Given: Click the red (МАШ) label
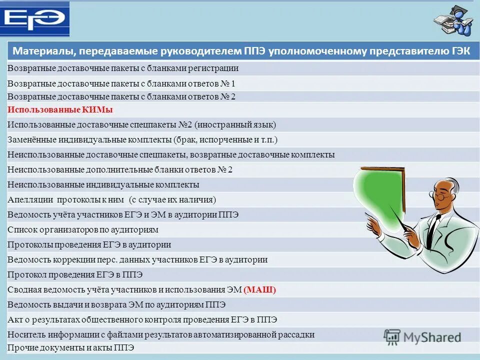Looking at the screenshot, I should [260, 289].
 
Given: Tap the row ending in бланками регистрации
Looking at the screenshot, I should [123, 68].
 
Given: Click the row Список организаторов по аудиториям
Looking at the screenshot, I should [83, 229].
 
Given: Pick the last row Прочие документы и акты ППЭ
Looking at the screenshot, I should [70, 347].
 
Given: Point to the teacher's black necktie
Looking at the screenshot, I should [434, 226].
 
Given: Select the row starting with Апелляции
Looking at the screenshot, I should [111, 199].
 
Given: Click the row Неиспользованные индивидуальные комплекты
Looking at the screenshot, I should [103, 184].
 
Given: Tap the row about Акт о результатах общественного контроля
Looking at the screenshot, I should [142, 319].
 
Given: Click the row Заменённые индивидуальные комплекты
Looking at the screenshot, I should [142, 139].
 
